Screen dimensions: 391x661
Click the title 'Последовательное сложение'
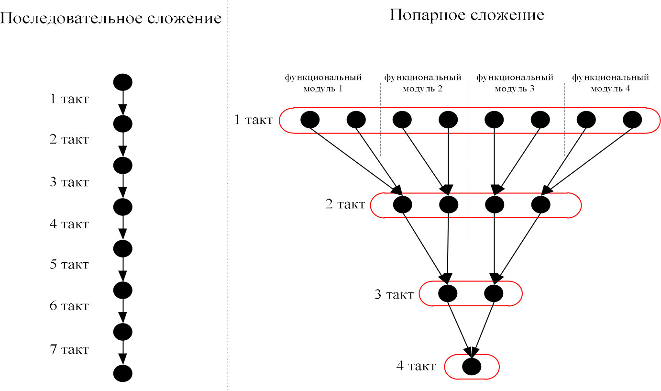coord(111,19)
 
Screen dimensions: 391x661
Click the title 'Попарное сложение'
coord(467,14)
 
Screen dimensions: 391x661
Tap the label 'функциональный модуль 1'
coord(323,82)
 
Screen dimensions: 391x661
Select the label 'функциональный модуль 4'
coord(610,82)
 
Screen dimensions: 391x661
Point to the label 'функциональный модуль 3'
coord(515,82)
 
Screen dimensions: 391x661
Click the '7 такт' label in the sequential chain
coord(69,349)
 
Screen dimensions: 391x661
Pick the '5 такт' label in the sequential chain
coord(69,265)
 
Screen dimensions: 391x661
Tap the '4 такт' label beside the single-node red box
coord(416,366)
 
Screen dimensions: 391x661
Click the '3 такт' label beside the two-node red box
coord(394,294)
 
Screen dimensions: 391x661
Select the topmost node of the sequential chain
coord(122,82)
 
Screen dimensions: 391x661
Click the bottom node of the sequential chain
coord(122,373)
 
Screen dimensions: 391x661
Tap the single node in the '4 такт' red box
coord(472,367)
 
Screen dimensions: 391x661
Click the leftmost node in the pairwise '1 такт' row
coord(310,120)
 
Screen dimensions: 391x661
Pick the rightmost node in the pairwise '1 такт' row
coord(633,120)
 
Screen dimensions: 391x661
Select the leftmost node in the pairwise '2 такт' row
coord(402,205)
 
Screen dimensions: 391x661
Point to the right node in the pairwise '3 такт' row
coord(494,293)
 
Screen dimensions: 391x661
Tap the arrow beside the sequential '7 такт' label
coord(122,352)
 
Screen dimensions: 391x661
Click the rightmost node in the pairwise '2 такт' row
coord(540,205)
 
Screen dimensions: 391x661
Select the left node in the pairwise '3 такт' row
coord(448,293)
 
